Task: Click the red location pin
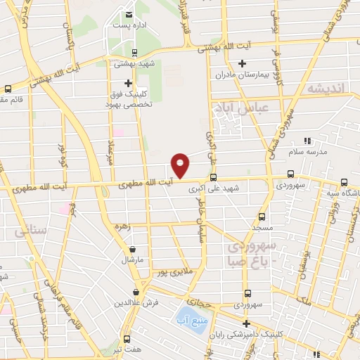[181, 165]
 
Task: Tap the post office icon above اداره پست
[129, 15]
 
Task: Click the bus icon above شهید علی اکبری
[213, 178]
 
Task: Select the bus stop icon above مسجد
[262, 217]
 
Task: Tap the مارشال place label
[133, 259]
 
